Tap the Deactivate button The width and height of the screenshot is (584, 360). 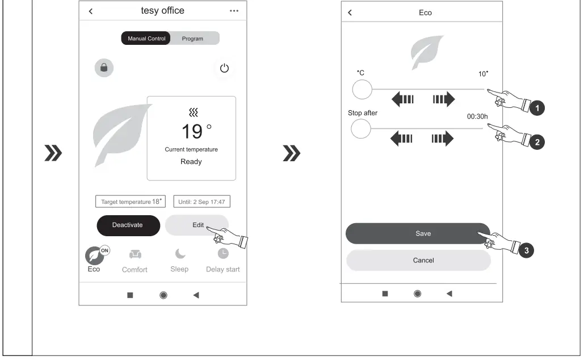pos(128,225)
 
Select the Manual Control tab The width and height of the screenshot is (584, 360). pos(146,39)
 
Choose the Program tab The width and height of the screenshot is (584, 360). pos(192,39)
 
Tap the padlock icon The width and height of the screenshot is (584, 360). pos(104,68)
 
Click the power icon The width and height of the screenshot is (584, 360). pos(224,68)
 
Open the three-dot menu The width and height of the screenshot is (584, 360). pos(234,11)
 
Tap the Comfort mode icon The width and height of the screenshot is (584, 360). pos(135,254)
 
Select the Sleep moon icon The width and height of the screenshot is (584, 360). pos(180,253)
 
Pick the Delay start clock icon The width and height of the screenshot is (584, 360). pos(223,253)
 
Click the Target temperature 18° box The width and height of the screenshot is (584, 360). pos(131,201)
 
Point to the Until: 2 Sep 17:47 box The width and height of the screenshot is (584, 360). pos(201,201)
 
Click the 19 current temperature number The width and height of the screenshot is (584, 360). pos(192,132)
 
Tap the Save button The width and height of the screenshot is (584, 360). pos(418,234)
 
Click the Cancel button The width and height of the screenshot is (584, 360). pos(418,260)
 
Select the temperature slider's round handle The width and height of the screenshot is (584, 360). pos(362,90)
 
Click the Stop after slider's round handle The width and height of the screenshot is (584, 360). pos(360,129)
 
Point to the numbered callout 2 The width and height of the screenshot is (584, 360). pos(537,142)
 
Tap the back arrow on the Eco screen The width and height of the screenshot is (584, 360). pos(350,12)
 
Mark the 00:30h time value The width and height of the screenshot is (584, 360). pos(477,116)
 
